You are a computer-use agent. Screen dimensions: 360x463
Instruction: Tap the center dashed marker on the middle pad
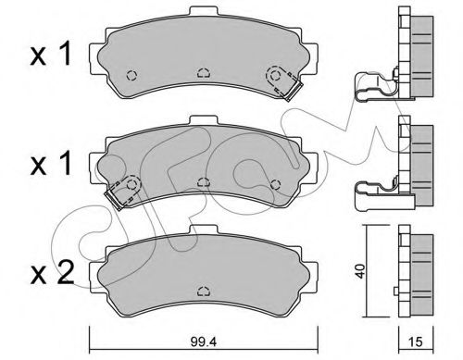202,182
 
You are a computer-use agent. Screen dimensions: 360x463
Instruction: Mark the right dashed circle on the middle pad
274,180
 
